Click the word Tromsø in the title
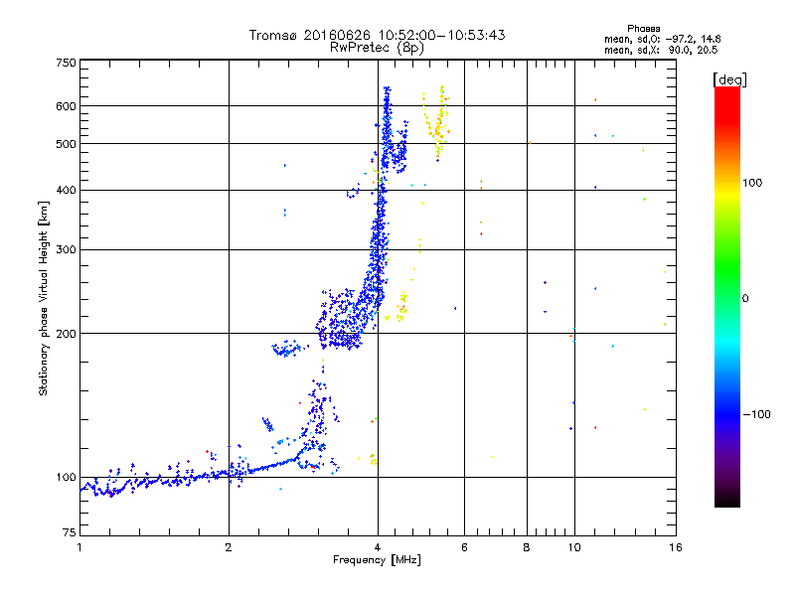coord(273,35)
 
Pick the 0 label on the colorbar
coord(745,298)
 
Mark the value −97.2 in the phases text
coord(673,39)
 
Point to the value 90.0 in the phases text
coord(676,49)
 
